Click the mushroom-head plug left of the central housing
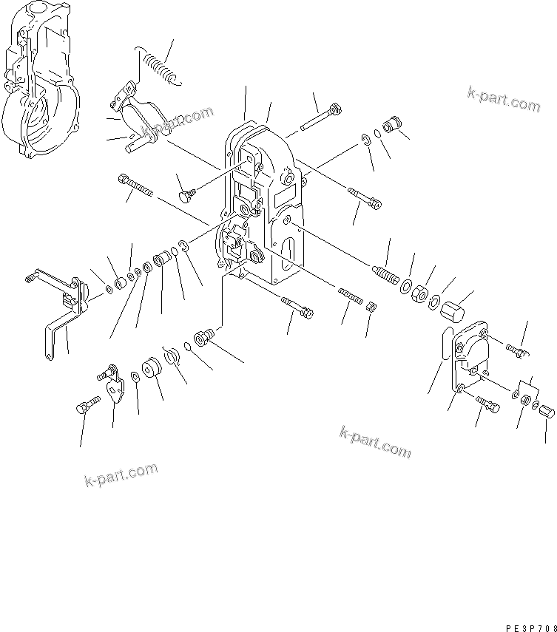coord(186,194)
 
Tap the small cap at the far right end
coord(547,411)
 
